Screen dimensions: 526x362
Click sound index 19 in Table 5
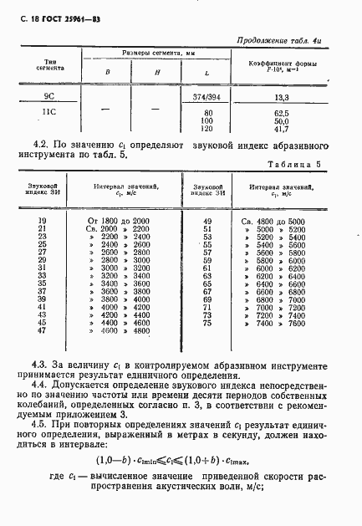(x=43, y=219)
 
